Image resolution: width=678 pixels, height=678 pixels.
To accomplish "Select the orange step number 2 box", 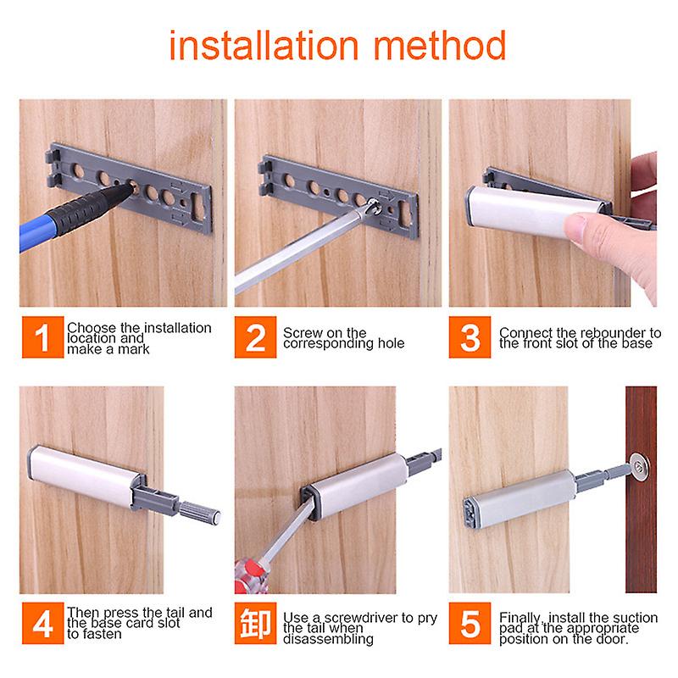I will click(x=254, y=338).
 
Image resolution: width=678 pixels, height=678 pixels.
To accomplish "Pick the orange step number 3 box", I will click(x=470, y=338).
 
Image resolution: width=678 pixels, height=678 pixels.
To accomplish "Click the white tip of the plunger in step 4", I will click(x=215, y=514).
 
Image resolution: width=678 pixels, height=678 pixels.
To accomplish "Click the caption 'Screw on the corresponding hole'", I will click(x=343, y=338).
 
